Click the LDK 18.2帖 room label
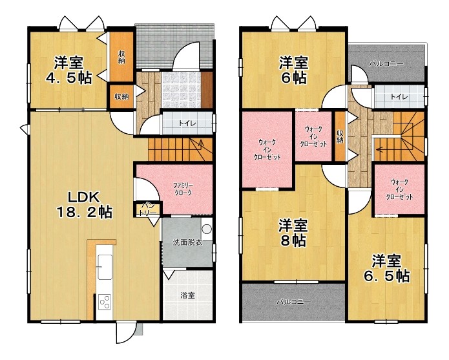(85, 204)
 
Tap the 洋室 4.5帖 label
(69, 70)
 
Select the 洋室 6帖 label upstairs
(294, 70)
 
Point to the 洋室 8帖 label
(293, 233)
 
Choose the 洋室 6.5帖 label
(386, 268)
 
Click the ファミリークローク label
(183, 189)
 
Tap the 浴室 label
(188, 295)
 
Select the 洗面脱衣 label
(187, 242)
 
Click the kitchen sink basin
(105, 267)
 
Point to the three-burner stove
(105, 302)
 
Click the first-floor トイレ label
(187, 123)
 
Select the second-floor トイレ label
(399, 97)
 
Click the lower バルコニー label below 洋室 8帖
(293, 302)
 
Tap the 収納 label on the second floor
(340, 137)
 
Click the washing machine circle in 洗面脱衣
(207, 229)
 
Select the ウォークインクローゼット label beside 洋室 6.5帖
(399, 189)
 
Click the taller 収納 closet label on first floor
(121, 57)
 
